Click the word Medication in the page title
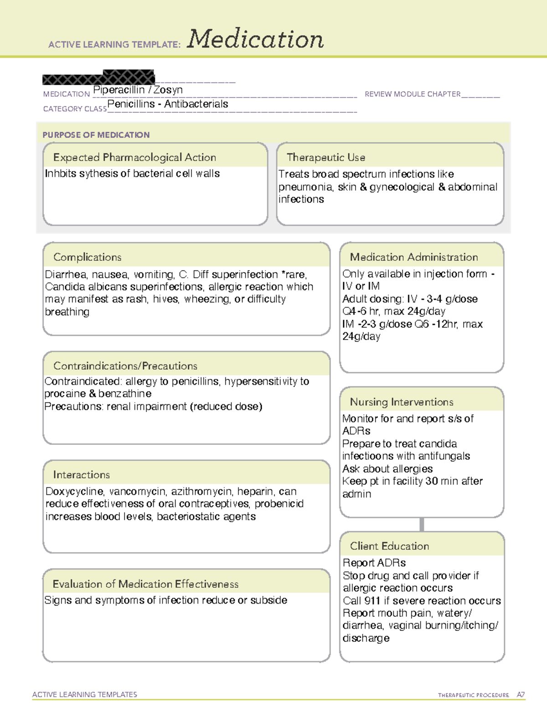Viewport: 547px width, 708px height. pos(255,39)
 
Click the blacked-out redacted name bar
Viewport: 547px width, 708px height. pos(98,78)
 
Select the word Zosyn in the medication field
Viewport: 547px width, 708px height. pos(168,90)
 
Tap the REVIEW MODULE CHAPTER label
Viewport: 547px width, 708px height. pos(413,94)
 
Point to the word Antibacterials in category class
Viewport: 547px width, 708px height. pos(196,104)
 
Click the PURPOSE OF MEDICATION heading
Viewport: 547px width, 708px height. pos(96,135)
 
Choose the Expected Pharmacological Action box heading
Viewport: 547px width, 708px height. pos(134,157)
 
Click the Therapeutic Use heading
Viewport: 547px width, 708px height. pos(325,157)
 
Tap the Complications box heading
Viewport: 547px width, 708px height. pos(87,257)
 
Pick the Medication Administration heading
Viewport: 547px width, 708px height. pos(413,257)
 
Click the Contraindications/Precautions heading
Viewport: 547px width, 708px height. pos(125,366)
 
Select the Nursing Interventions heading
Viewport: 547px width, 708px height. pos(401,402)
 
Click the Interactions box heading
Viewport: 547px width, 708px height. pos(81,475)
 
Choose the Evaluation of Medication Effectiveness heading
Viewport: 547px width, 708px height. pos(145,584)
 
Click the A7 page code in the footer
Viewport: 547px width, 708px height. pos(520,695)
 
